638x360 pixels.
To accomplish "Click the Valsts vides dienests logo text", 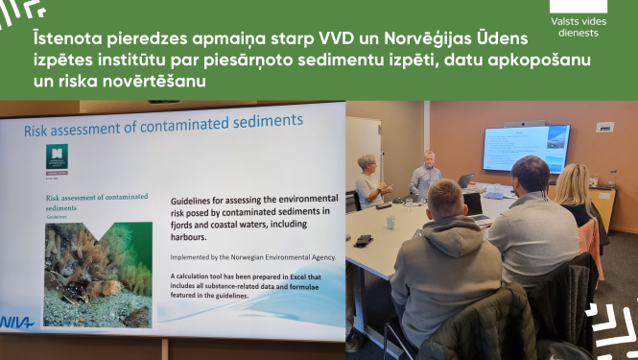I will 579,26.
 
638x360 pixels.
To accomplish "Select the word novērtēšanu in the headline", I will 154,84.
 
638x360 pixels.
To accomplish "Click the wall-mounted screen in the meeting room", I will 526,147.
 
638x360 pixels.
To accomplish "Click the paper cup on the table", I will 390,223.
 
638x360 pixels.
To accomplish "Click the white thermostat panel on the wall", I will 604,127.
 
